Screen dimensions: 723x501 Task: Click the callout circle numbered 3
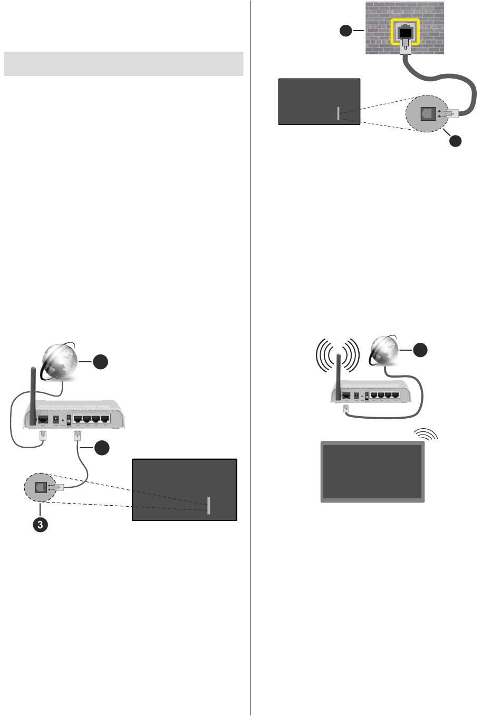(40, 524)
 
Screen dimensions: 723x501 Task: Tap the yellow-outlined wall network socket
(405, 32)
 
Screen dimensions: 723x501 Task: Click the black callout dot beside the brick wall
(345, 31)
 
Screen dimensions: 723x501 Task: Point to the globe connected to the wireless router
(384, 351)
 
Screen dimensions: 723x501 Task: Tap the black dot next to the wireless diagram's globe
(420, 350)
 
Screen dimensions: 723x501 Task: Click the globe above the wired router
(60, 361)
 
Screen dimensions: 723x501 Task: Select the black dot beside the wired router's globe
(101, 362)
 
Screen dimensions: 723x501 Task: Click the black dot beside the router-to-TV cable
(102, 448)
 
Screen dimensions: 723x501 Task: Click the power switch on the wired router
(69, 420)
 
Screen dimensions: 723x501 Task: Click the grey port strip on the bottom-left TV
(209, 505)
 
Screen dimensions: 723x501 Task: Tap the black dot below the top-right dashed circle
(455, 141)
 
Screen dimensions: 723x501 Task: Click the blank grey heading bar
(123, 63)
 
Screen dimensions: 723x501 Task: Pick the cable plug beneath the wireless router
(346, 409)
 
